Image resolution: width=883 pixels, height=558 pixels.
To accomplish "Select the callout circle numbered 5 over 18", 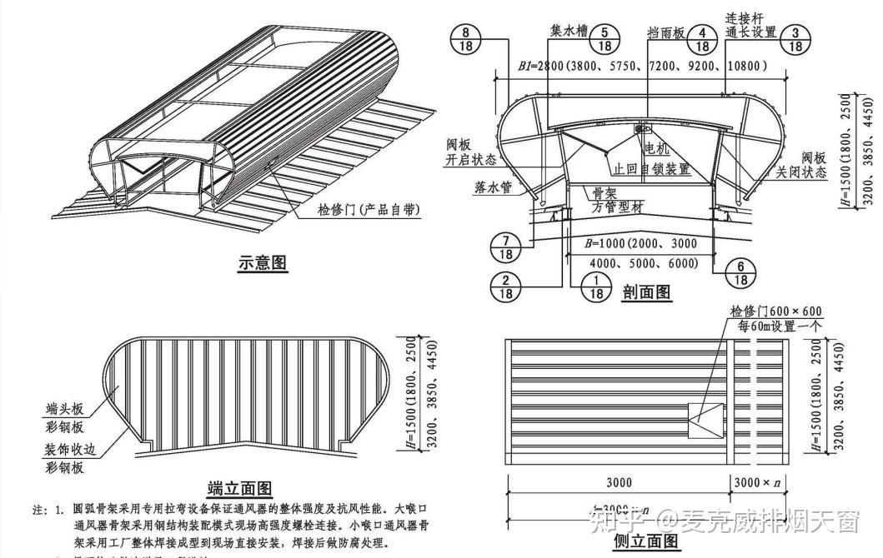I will click(605, 39).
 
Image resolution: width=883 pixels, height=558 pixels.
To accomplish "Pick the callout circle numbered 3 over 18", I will click(796, 39).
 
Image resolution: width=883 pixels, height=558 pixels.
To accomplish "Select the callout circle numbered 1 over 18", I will click(597, 286).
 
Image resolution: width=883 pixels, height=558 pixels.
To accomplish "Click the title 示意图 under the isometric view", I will click(263, 263).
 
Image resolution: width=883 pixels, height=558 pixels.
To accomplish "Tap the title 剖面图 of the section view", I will click(646, 291).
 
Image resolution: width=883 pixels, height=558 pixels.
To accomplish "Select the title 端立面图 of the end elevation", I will click(240, 488).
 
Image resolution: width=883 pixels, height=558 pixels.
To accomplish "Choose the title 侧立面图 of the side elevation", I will click(646, 541).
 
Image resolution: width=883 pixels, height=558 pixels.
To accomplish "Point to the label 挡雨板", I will click(666, 32).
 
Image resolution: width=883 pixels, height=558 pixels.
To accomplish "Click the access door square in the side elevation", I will click(705, 421).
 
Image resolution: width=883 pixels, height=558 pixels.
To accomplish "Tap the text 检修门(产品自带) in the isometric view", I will click(368, 212).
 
